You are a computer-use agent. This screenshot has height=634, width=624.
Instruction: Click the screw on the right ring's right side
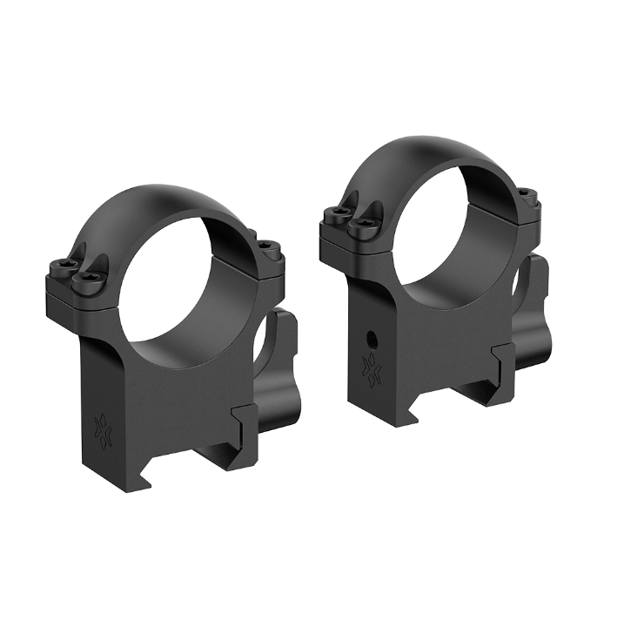524,194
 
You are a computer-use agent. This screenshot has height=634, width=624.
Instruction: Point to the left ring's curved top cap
174,206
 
